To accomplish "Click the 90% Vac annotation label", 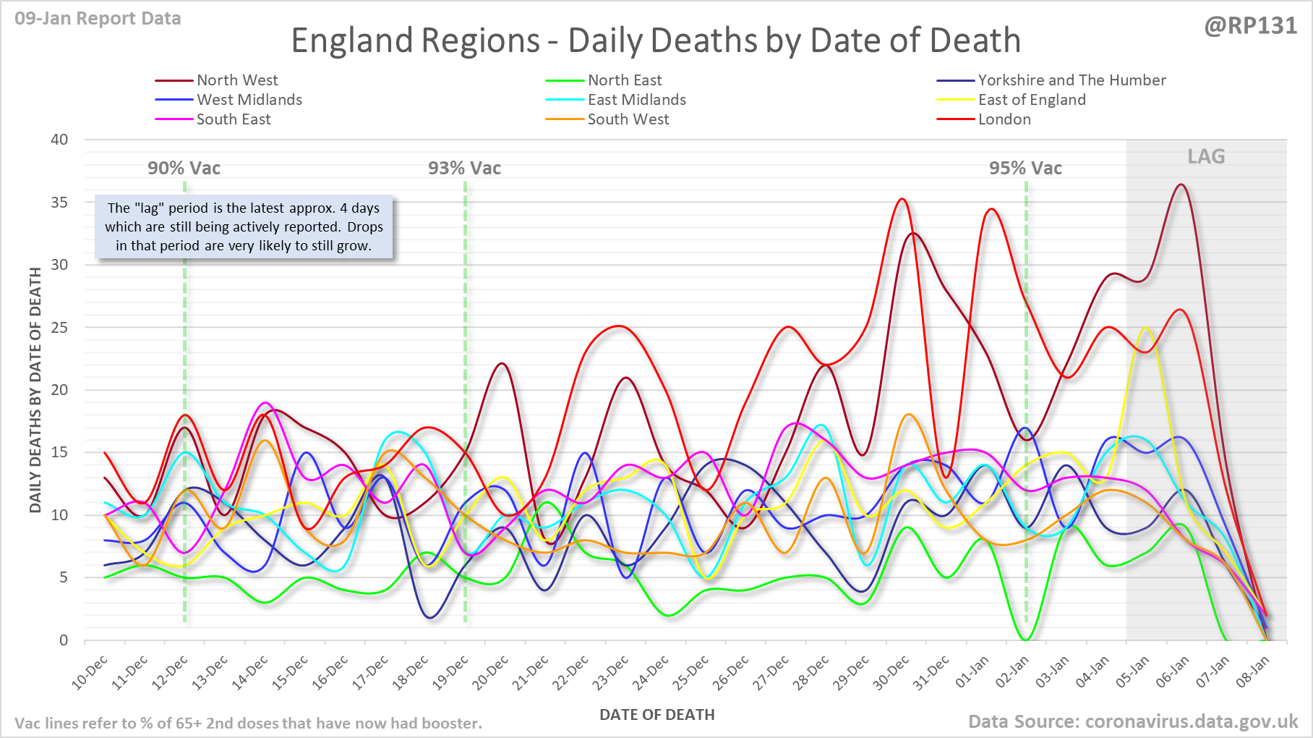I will pos(184,169).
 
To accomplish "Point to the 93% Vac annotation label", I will pos(464,169).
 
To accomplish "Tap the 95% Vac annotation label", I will pos(1025,169).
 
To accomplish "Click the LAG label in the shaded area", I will pos(1206,156).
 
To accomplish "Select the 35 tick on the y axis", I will pos(59,203).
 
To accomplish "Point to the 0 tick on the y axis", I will pos(64,640).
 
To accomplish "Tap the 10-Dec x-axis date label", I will pos(90,673).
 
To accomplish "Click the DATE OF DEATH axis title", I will pos(656,715).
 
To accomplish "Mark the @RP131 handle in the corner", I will pos(1251,26).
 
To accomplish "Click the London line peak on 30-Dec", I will pos(902,199).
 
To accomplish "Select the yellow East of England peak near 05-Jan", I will pos(1145,328).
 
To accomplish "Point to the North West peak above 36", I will pos(1181,184).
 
